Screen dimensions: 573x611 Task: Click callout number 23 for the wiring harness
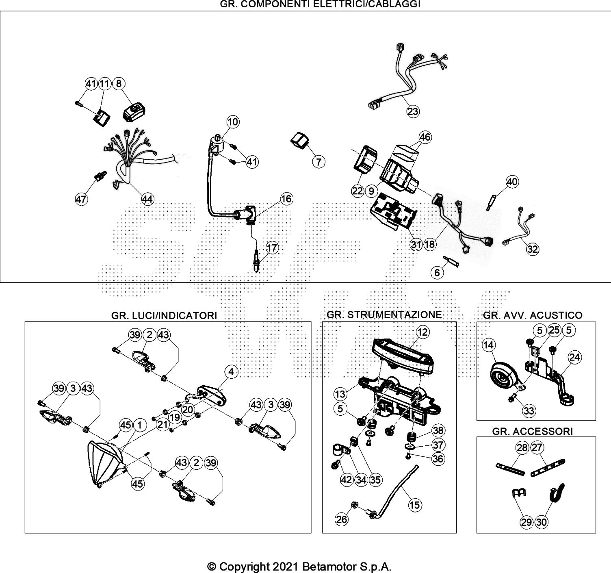413,111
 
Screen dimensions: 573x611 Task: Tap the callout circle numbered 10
233,122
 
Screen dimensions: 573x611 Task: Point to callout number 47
81,199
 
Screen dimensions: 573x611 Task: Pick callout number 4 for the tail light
231,371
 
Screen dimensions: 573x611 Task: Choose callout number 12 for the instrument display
422,332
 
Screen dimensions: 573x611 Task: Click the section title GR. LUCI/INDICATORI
164,316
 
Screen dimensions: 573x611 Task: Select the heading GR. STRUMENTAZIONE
384,315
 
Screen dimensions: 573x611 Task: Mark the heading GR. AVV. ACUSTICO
532,315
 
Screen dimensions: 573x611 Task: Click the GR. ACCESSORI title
532,431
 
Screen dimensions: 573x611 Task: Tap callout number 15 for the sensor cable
415,505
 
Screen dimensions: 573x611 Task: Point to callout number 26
342,519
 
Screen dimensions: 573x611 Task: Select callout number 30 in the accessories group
542,522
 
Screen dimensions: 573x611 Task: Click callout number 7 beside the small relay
319,162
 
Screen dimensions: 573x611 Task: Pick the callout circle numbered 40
512,182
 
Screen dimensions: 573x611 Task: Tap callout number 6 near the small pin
437,272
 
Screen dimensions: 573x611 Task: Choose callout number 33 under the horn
529,411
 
